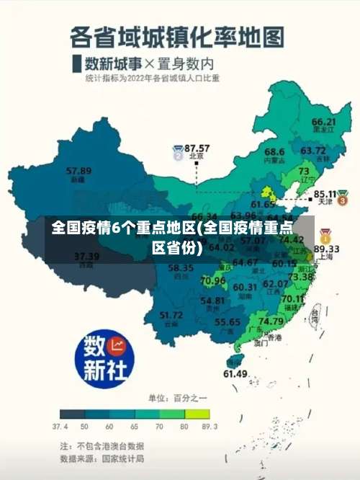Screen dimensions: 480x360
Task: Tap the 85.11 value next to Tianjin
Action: [325, 194]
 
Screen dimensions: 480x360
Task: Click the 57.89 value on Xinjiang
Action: [78, 172]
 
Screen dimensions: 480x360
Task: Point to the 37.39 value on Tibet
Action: [86, 257]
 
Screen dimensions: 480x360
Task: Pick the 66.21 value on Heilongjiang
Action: [323, 122]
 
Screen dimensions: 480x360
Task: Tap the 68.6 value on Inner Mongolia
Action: [274, 152]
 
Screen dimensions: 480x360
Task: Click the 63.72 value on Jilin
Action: [313, 151]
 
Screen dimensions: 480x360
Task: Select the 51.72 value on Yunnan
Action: [171, 315]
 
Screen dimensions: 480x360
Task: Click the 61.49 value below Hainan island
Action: [235, 373]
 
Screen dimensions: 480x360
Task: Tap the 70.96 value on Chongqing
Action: [213, 280]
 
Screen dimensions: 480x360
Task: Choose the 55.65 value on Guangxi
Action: [228, 322]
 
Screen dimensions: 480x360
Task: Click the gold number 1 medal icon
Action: [325, 235]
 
